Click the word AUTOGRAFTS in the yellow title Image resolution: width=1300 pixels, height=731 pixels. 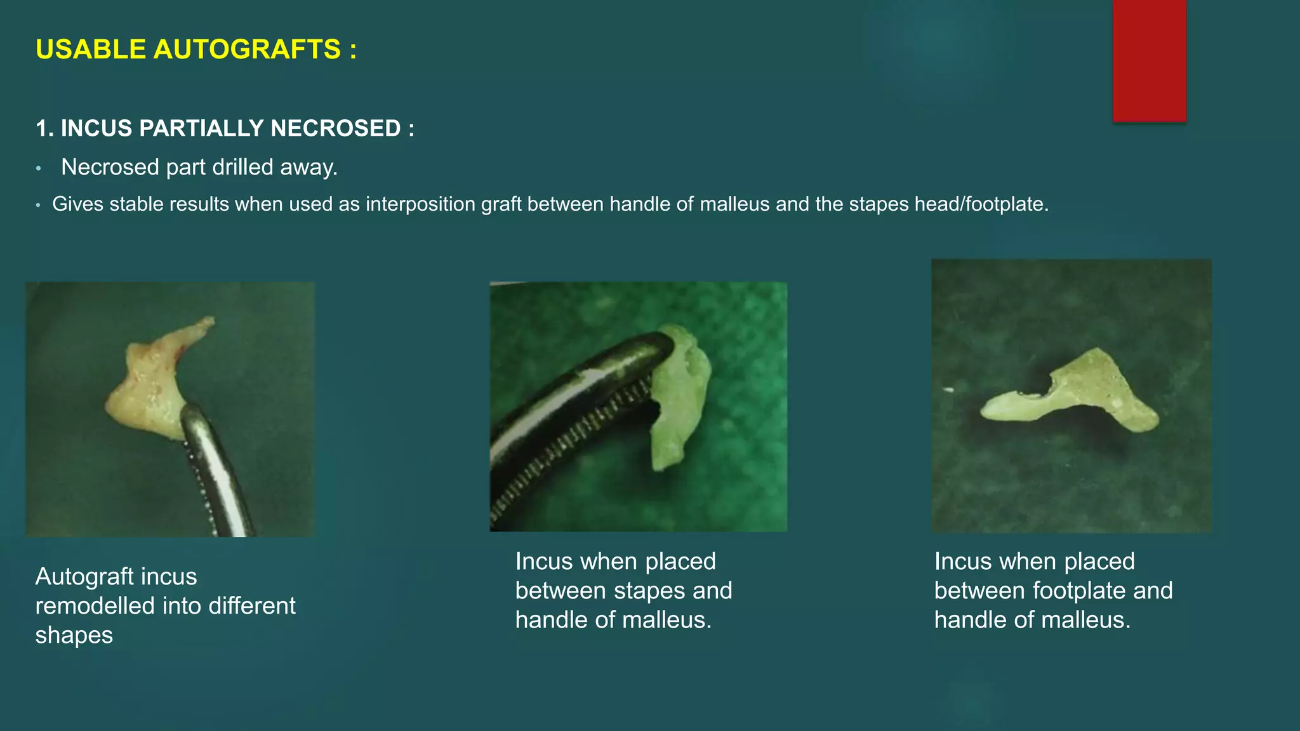(x=247, y=49)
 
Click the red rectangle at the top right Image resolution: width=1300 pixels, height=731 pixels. (x=1149, y=60)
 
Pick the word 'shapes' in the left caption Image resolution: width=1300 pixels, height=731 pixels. (x=74, y=636)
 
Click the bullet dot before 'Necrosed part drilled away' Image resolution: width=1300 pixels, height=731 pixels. (x=39, y=168)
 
